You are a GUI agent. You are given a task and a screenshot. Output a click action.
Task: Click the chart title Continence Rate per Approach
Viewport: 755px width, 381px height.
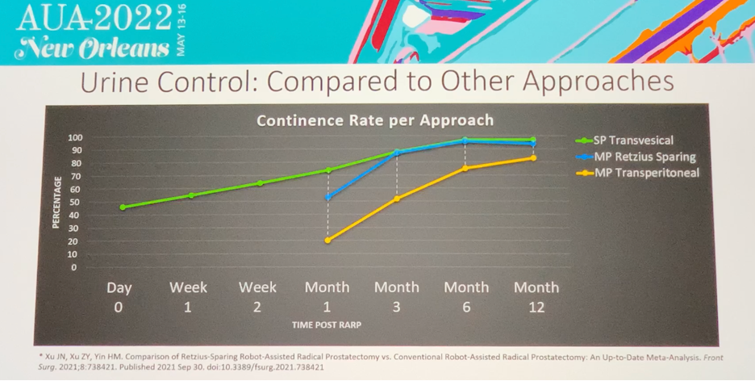[375, 120]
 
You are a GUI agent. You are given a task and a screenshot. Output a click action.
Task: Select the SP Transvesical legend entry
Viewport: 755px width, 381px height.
[624, 140]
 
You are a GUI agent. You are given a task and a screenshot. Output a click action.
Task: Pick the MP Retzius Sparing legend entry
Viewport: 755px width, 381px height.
[636, 157]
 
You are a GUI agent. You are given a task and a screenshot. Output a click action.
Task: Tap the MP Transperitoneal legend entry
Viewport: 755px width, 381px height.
[637, 173]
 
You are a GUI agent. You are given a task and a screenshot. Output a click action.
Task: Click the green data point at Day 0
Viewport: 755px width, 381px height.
[123, 207]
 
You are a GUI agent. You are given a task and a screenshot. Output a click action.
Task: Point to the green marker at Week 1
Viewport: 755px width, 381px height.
[192, 195]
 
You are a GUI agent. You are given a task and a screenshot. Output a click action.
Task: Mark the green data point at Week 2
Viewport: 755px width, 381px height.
[260, 183]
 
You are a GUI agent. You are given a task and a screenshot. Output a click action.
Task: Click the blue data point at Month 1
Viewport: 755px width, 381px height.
[328, 197]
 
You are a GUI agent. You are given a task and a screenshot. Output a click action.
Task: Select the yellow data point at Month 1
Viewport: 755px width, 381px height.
[328, 240]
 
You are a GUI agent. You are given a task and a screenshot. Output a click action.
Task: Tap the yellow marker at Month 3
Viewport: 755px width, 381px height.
[397, 199]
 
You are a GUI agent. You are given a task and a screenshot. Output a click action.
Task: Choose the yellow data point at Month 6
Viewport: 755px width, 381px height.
[465, 168]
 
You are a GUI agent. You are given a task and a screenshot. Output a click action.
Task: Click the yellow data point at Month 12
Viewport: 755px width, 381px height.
[533, 158]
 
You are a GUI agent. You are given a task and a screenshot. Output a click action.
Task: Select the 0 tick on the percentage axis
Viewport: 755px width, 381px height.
[74, 267]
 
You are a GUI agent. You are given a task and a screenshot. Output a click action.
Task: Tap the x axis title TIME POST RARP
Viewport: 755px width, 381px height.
[327, 325]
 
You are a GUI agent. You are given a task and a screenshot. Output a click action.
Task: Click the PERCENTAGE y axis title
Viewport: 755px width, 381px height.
[56, 203]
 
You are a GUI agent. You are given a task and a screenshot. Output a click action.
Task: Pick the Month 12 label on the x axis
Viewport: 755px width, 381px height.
[536, 297]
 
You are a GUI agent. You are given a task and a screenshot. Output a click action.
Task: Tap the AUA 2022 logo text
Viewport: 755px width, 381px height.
[94, 19]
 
